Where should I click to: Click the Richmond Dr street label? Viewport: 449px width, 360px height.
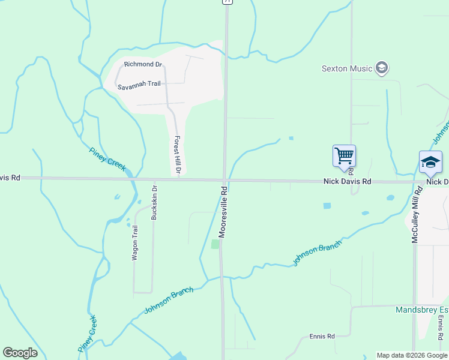pos(143,64)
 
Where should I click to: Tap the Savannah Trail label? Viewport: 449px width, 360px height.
pos(139,84)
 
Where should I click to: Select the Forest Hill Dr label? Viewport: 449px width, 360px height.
pos(177,155)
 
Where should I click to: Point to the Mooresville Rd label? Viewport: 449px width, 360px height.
pos(222,211)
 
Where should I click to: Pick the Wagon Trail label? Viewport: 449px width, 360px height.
pos(134,242)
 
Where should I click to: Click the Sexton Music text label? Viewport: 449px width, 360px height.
pos(347,68)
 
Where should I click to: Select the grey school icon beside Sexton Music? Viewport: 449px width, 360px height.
pos(381,68)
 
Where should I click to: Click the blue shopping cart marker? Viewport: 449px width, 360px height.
pos(345,156)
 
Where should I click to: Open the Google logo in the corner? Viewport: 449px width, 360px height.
pos(20,353)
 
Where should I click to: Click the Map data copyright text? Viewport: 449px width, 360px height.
pos(412,355)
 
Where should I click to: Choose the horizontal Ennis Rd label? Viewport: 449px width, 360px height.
pos(322,336)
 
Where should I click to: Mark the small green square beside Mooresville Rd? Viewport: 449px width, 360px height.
pos(215,244)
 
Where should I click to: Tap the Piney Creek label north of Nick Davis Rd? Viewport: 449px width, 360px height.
pos(108,159)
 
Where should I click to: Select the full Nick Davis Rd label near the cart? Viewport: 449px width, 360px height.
pos(347,181)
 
